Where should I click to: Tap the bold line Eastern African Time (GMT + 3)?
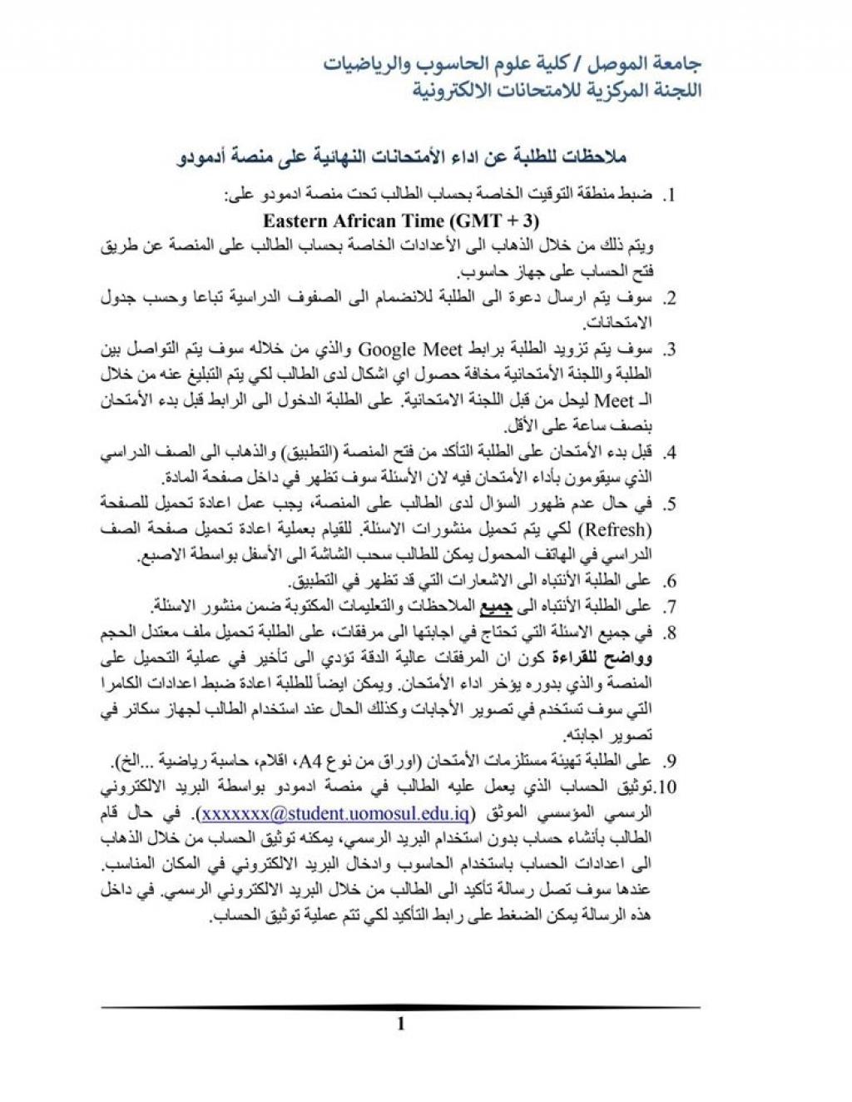(401, 221)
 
